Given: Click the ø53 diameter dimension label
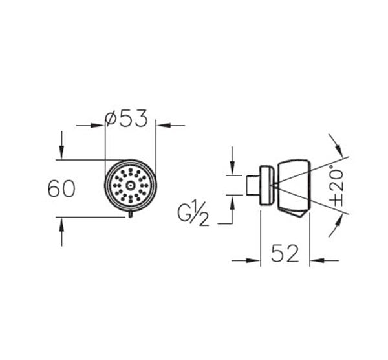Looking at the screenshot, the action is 126,118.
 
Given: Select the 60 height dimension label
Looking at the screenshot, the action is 61,189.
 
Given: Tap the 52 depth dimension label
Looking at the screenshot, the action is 285,253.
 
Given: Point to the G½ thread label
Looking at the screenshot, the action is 193,214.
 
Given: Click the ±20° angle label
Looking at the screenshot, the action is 338,188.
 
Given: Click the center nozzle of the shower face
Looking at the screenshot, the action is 131,185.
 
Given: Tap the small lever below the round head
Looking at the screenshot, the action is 131,214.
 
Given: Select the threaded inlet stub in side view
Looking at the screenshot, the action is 253,185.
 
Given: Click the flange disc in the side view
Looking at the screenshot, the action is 266,185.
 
